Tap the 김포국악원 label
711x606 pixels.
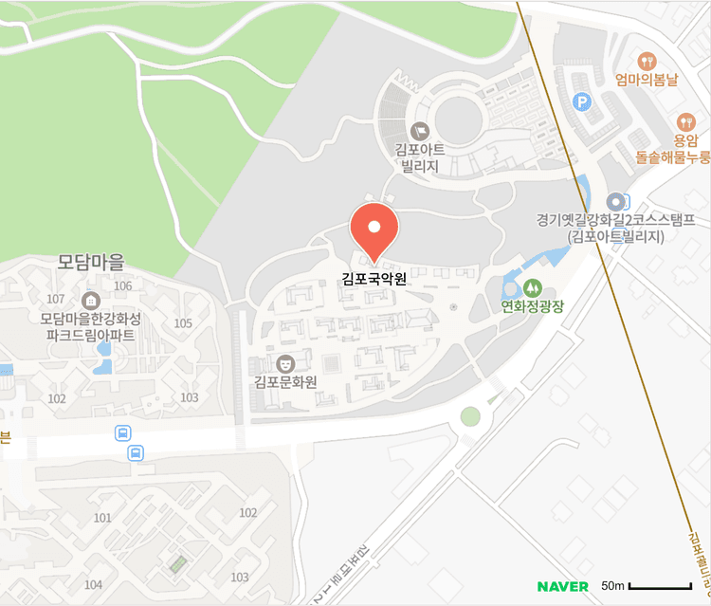(374, 280)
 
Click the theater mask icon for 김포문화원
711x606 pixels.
(284, 362)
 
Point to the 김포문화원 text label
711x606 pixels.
(284, 382)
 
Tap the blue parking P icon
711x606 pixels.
(582, 101)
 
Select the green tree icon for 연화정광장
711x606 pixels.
(532, 285)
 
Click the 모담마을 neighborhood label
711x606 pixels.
(91, 260)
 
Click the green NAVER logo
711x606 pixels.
(563, 586)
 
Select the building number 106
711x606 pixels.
(122, 285)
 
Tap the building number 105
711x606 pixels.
(183, 323)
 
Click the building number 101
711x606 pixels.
(103, 518)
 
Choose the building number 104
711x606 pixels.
(93, 584)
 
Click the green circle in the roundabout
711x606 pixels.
(470, 415)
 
